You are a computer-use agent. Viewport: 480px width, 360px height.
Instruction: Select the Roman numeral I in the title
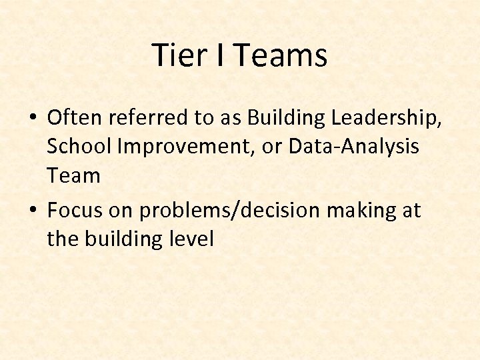219,55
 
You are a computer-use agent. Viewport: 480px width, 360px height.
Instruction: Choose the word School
76,147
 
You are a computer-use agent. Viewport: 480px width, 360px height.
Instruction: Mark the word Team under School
73,176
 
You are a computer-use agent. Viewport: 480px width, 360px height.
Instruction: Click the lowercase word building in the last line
123,239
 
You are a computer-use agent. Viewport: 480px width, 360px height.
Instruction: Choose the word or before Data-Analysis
273,147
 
